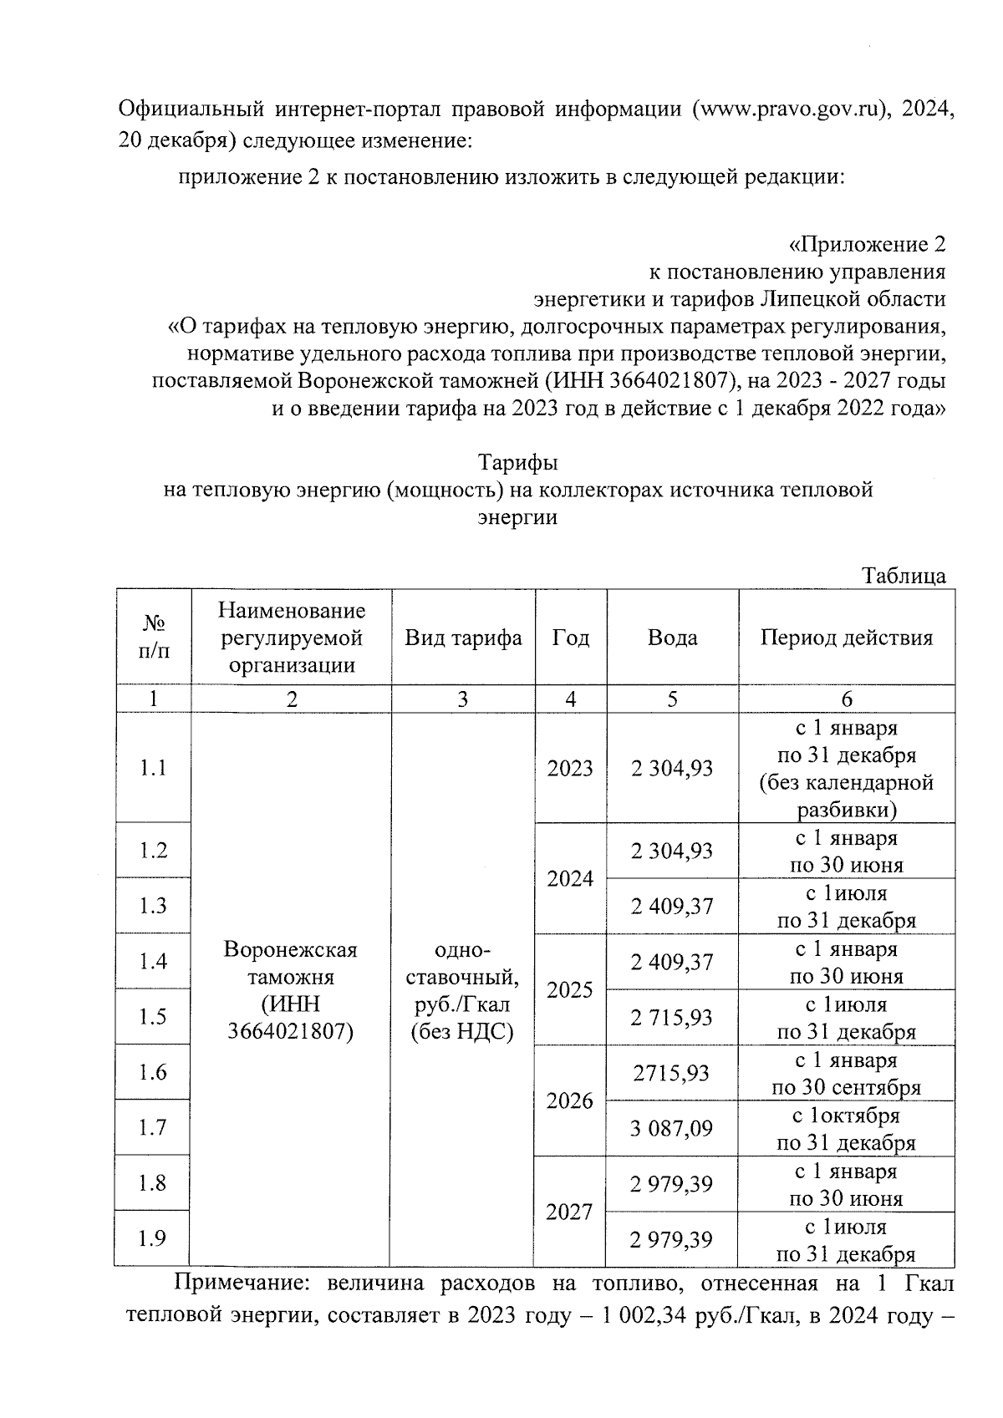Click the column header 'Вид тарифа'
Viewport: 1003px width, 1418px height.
463,638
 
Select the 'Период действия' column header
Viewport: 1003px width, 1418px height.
846,638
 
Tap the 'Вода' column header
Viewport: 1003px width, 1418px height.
672,638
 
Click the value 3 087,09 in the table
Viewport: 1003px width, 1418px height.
672,1129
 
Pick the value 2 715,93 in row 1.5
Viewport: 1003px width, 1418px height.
672,1018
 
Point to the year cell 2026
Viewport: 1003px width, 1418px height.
570,1100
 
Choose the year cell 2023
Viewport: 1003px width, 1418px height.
570,768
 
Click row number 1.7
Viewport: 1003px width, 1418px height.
153,1127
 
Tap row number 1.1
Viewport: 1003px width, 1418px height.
153,768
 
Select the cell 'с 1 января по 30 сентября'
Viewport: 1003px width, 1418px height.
846,1074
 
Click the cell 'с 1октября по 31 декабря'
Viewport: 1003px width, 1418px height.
846,1129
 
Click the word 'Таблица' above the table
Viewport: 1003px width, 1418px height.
904,576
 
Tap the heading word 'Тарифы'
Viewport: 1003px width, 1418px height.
517,462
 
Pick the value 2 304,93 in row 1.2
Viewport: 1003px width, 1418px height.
672,851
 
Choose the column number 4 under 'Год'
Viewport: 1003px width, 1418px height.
570,699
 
